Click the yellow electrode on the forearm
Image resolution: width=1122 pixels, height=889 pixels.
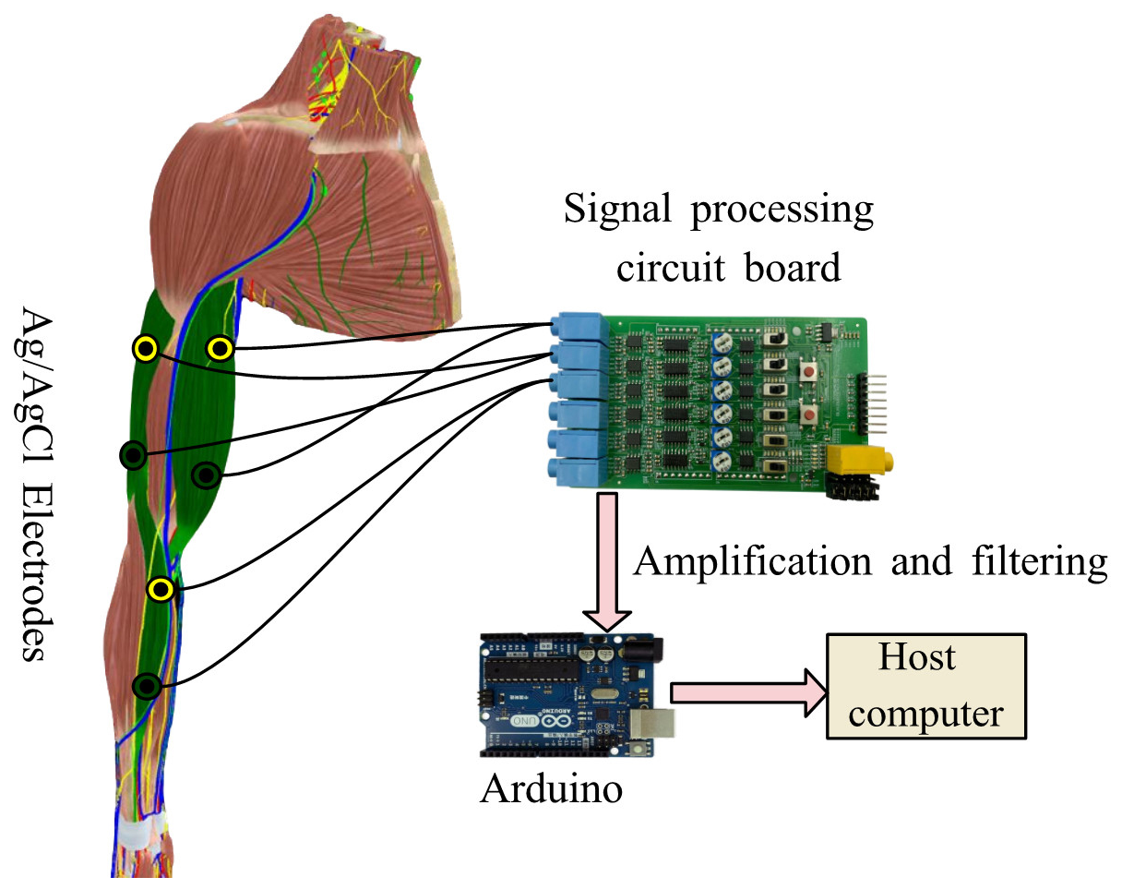161,589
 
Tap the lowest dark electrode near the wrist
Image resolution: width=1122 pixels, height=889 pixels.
146,686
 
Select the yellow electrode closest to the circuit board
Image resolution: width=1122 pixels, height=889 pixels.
219,348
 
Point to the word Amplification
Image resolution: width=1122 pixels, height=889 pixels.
751,560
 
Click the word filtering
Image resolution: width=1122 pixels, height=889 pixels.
1037,560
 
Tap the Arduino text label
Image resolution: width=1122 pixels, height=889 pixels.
551,789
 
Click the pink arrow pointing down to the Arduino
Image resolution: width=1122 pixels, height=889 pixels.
606,562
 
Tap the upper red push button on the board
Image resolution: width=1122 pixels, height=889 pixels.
810,372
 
